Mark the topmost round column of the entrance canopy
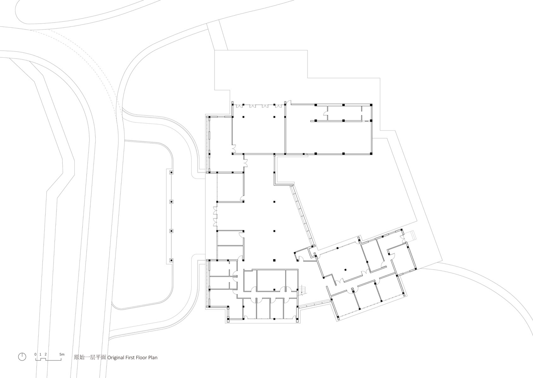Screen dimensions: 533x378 click(171, 172)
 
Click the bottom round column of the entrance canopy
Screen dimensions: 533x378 click(171, 261)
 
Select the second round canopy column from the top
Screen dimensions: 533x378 click(171, 202)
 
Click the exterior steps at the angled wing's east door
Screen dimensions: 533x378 click(411, 236)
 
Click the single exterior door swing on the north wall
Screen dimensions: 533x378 click(288, 102)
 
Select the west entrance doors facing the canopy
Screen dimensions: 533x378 click(215, 216)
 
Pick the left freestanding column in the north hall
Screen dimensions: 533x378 click(243, 117)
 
